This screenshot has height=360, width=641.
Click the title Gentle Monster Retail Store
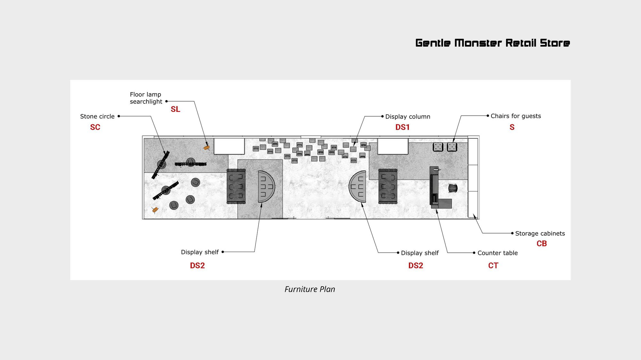pyautogui.click(x=493, y=43)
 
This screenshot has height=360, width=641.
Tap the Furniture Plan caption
pyautogui.click(x=310, y=289)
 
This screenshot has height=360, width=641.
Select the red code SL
pyautogui.click(x=175, y=109)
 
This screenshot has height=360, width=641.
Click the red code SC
pyautogui.click(x=95, y=127)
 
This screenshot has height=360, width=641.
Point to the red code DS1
pyautogui.click(x=403, y=127)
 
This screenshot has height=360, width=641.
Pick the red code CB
pyautogui.click(x=542, y=243)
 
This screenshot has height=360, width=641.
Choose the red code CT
pyautogui.click(x=493, y=266)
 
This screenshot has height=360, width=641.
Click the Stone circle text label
pyautogui.click(x=97, y=116)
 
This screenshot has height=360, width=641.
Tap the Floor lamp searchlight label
pyautogui.click(x=146, y=98)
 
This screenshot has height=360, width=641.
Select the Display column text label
pyautogui.click(x=408, y=117)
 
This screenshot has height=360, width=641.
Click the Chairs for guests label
pyautogui.click(x=516, y=116)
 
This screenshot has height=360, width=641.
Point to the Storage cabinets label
pyautogui.click(x=540, y=233)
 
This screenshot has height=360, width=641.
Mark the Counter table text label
pyautogui.click(x=498, y=253)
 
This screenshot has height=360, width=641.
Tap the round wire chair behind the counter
pyautogui.click(x=453, y=188)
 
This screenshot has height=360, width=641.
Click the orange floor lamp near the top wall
pyautogui.click(x=207, y=148)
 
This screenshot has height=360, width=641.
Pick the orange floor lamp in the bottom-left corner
pyautogui.click(x=155, y=210)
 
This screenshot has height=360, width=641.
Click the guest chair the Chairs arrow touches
pyautogui.click(x=452, y=147)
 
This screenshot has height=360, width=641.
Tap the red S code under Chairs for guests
pyautogui.click(x=512, y=127)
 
